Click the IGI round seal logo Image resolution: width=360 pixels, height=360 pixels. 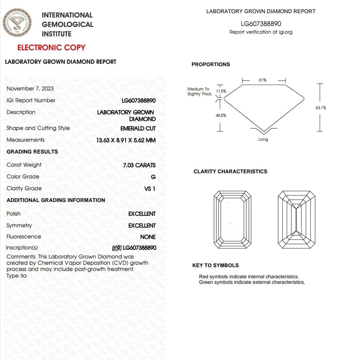17,23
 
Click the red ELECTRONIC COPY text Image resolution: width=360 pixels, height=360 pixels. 51,47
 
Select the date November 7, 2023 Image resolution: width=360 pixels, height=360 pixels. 30,88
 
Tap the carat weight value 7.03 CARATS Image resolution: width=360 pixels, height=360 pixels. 139,165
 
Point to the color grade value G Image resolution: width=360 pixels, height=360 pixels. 153,177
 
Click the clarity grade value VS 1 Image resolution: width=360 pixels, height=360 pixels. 149,188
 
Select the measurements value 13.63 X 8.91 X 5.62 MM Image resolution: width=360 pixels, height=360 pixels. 126,140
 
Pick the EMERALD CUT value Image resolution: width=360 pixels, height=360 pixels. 138,128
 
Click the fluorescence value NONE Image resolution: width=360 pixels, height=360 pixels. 148,237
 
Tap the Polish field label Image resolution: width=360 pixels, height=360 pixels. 14,214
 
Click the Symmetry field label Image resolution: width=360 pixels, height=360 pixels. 19,226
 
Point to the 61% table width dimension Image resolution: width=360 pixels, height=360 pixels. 263,80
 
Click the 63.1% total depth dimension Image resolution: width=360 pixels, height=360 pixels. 320,108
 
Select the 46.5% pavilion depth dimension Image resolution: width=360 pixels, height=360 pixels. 221,115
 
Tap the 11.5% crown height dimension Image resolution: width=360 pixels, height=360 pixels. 221,91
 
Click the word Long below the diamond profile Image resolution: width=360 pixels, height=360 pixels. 263,139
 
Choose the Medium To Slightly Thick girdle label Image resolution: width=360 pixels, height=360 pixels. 199,91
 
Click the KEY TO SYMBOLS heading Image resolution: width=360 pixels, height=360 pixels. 215,265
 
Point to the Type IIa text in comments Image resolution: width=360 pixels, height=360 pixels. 17,276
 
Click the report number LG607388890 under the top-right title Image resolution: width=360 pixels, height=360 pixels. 261,24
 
